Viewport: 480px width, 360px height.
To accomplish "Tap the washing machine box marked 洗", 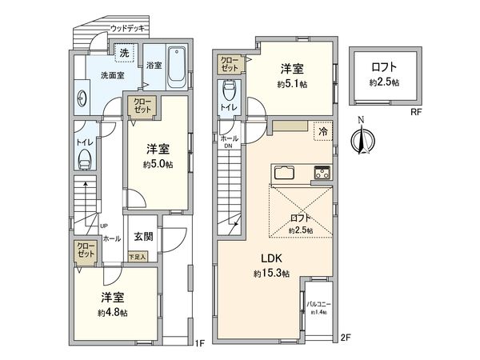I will tap(125, 52).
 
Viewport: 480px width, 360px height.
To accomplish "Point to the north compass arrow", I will tap(362, 139).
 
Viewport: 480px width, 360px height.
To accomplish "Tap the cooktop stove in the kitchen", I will tap(322, 172).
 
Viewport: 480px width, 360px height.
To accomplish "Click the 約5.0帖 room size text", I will tap(158, 164).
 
